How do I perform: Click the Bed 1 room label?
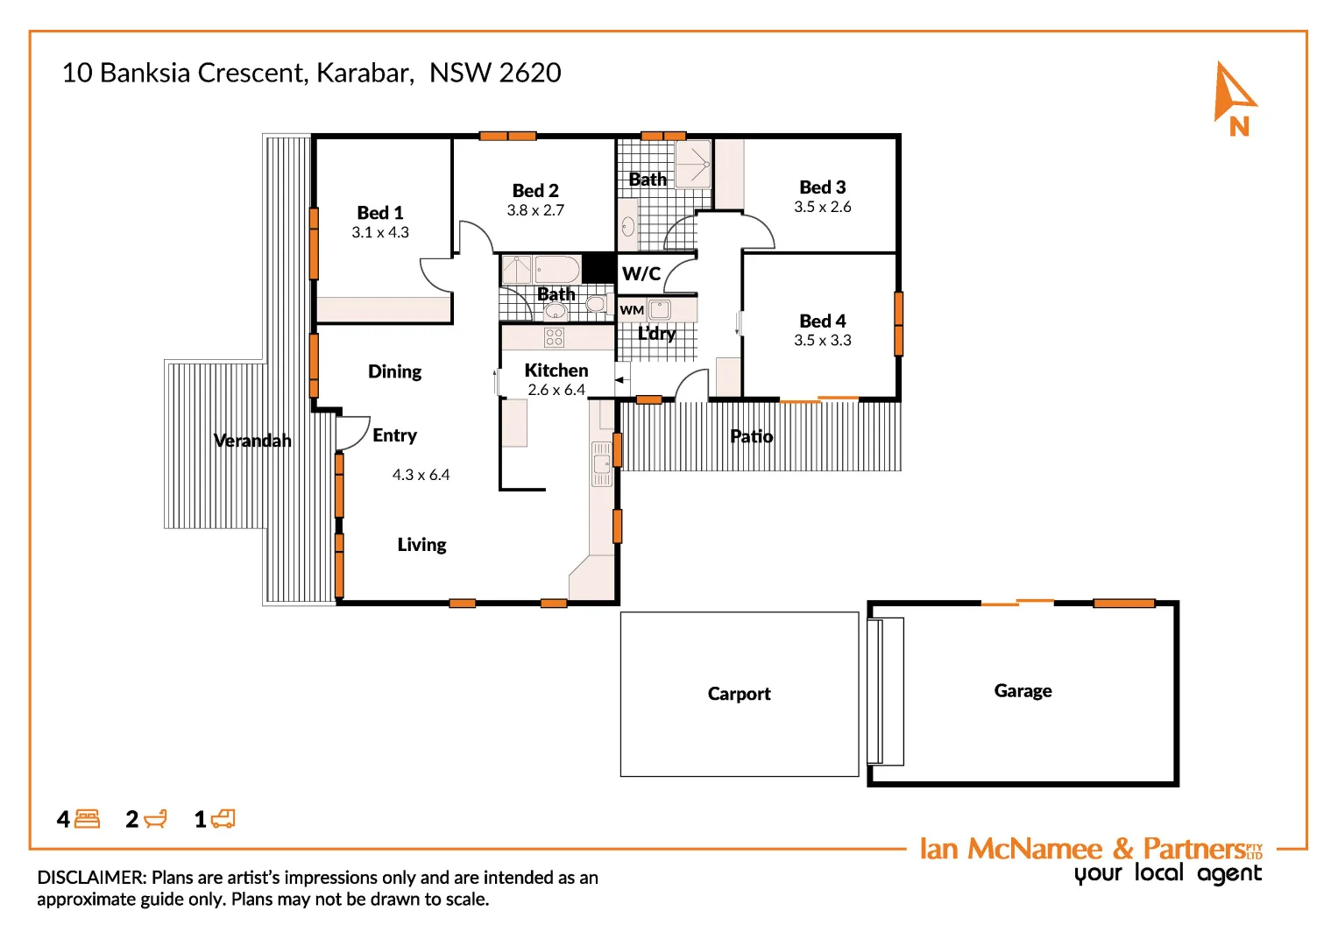[380, 213]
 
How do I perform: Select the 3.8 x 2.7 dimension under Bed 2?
[535, 210]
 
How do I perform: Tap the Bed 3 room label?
[822, 187]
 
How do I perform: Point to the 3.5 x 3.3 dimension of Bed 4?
[822, 341]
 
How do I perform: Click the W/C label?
[641, 274]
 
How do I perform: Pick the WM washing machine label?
[632, 310]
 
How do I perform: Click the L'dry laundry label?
[656, 334]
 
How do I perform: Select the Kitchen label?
[556, 371]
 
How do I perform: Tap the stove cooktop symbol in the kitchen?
[554, 337]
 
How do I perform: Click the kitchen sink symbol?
[602, 463]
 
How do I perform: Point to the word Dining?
[394, 371]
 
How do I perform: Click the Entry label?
[394, 435]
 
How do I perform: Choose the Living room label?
[421, 545]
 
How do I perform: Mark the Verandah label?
[252, 441]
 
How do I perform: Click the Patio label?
[751, 436]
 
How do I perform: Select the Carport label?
[739, 694]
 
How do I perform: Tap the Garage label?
[1023, 691]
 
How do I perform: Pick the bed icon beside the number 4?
[88, 819]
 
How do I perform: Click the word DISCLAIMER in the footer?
[91, 878]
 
